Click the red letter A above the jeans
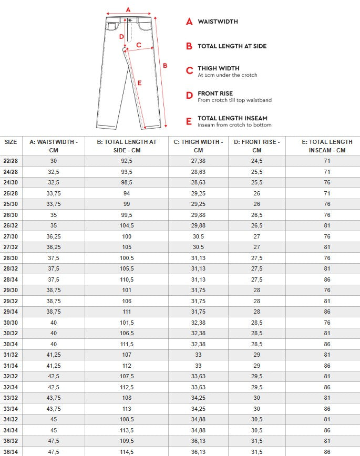point(128,9)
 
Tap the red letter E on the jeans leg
point(139,82)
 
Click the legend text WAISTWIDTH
point(218,22)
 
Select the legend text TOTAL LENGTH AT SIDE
point(232,46)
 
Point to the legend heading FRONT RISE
point(215,94)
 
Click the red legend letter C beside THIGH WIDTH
point(190,70)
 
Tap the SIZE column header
point(11,142)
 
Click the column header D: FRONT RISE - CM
point(256,146)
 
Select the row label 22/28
point(11,161)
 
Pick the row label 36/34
point(11,451)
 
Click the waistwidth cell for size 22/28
point(54,161)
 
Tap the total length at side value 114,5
point(127,451)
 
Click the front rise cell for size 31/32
point(256,355)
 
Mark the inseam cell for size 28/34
point(327,279)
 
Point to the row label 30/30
point(11,323)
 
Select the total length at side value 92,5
point(127,161)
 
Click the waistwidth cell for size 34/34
point(54,430)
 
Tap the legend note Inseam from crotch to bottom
point(234,125)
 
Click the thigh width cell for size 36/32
point(198,440)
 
